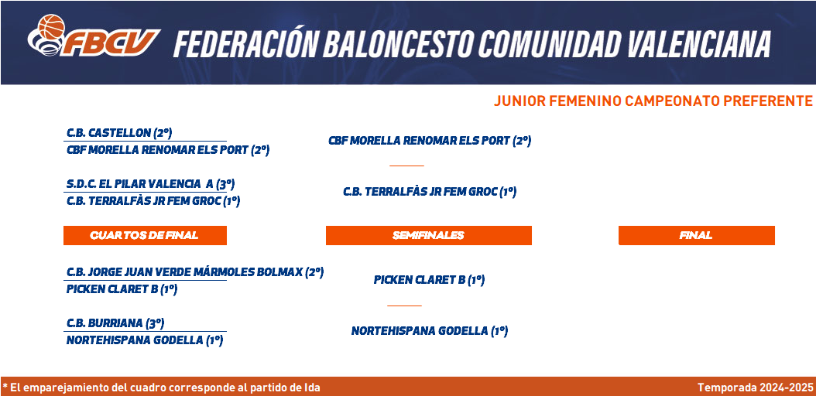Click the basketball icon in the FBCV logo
[51, 26]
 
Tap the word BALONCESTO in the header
[399, 43]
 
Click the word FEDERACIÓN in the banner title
[245, 43]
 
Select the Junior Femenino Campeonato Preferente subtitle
[653, 101]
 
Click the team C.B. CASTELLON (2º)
[119, 133]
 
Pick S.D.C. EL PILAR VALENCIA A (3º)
[151, 184]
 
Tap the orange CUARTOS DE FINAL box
[145, 235]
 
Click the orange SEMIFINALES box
[428, 235]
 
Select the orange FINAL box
[696, 235]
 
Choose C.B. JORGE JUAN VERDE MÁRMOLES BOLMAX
[195, 271]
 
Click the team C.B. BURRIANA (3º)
[115, 323]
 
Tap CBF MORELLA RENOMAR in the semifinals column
[430, 140]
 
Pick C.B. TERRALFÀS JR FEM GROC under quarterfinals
[153, 201]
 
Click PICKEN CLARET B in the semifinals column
[430, 279]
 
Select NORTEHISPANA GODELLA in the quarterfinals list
[145, 340]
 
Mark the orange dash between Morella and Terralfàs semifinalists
[407, 166]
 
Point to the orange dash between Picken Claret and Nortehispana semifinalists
[404, 306]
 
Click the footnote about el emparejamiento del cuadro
[161, 387]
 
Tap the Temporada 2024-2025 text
[755, 387]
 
